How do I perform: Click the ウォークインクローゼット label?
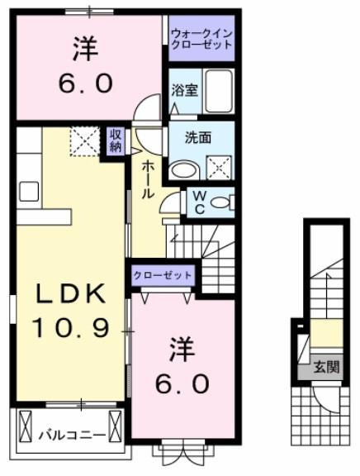[202, 38]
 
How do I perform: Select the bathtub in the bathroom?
[219, 92]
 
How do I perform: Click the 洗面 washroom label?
[197, 138]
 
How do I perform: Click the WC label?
[199, 201]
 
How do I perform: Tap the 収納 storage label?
[115, 140]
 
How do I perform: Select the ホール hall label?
[148, 178]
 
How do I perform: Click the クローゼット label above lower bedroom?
[163, 275]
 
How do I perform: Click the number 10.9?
[71, 328]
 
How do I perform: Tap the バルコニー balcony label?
[69, 432]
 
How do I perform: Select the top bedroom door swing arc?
[148, 107]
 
